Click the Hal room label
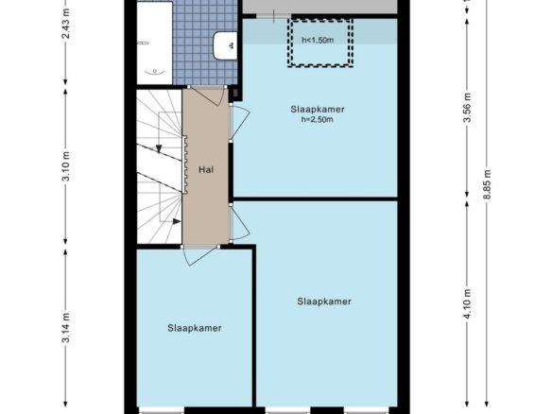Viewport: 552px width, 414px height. click(x=206, y=170)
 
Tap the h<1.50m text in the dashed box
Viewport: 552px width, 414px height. click(x=318, y=40)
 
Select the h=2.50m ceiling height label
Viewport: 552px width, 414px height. click(x=317, y=120)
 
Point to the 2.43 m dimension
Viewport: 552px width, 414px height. click(x=66, y=24)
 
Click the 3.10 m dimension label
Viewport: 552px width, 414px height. click(x=66, y=166)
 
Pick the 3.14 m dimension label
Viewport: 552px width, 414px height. click(x=66, y=327)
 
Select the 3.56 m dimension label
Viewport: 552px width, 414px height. click(x=467, y=108)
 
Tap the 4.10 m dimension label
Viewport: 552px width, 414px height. click(x=467, y=304)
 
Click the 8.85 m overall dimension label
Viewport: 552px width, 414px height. click(x=487, y=184)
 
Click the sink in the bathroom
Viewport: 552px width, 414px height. click(x=225, y=45)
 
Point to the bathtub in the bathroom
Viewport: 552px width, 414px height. click(x=154, y=43)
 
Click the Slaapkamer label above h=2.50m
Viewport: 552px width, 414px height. click(x=318, y=110)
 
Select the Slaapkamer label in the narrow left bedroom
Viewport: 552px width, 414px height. click(x=195, y=328)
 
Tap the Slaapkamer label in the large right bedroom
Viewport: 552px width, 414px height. click(x=324, y=302)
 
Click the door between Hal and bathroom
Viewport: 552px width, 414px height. click(x=207, y=95)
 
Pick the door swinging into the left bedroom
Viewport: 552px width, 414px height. click(x=200, y=255)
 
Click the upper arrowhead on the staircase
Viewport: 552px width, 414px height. click(x=159, y=149)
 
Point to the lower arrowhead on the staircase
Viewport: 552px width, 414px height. click(x=177, y=221)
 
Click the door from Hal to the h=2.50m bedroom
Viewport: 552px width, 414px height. click(x=239, y=122)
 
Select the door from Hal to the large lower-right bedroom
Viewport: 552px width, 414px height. click(x=239, y=223)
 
